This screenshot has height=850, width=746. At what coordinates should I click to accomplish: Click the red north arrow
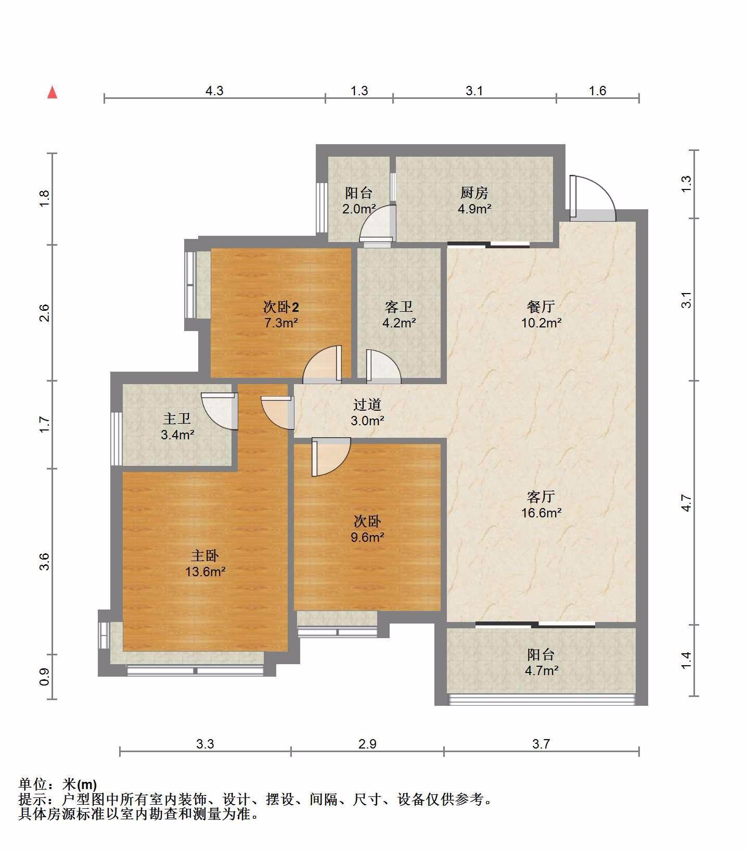(52, 92)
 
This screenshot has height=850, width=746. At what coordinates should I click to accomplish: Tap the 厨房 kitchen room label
(474, 193)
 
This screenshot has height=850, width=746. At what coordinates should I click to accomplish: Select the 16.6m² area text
(541, 513)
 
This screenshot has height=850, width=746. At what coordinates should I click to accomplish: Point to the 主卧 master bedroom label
(205, 555)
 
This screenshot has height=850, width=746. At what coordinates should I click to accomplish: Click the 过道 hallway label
(367, 404)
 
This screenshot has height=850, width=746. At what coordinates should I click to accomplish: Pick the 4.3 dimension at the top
(214, 91)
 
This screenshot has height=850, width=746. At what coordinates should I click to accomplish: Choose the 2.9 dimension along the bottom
(367, 744)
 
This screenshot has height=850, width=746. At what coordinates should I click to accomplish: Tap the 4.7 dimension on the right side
(687, 503)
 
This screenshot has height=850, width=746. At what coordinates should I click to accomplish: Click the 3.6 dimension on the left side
(44, 561)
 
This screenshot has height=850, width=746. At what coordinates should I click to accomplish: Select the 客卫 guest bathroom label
(399, 307)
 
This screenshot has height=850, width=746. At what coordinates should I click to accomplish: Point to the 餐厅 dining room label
(541, 307)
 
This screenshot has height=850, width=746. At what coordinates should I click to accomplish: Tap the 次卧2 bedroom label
(280, 307)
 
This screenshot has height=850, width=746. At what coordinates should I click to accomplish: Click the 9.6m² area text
(367, 537)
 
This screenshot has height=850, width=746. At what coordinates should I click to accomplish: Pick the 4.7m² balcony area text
(541, 670)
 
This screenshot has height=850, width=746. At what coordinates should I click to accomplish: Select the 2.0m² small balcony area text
(359, 209)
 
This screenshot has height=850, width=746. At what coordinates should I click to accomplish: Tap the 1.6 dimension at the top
(598, 91)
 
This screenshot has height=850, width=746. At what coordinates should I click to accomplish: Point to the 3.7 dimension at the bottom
(541, 744)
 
